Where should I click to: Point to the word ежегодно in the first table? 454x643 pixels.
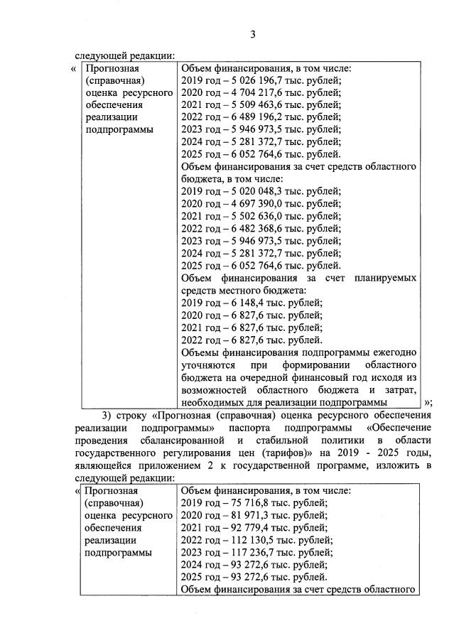pos(393,352)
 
